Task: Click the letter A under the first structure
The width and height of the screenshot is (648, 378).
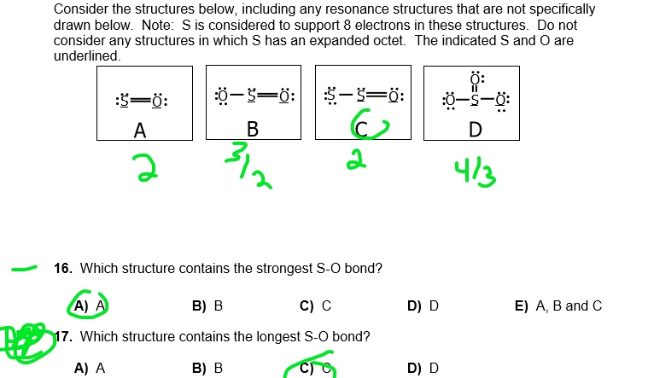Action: click(140, 131)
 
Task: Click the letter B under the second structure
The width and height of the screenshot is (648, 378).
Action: click(252, 129)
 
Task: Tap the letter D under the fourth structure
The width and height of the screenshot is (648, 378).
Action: click(476, 129)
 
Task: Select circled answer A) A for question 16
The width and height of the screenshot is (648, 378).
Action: click(89, 305)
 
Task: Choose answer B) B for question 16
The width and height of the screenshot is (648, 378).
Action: click(207, 305)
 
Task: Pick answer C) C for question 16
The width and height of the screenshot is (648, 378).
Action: click(315, 305)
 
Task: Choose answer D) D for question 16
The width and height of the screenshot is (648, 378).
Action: click(423, 305)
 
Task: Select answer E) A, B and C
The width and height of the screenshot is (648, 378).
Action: click(558, 305)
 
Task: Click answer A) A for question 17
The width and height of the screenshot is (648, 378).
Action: click(89, 369)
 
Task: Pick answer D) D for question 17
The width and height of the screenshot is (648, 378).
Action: click(423, 369)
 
